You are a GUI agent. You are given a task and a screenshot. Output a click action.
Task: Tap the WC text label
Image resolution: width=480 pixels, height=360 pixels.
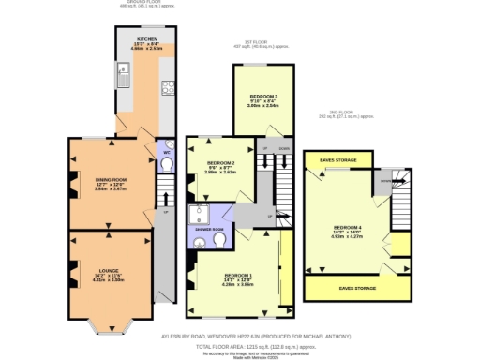tap(166, 152)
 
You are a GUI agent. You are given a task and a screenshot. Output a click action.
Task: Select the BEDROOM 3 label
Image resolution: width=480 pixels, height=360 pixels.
tap(262, 97)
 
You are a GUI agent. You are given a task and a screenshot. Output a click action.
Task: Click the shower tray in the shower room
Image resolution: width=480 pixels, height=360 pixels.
tap(199, 214)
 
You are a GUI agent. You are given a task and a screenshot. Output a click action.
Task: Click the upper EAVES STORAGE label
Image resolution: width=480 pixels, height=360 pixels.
tap(337, 160)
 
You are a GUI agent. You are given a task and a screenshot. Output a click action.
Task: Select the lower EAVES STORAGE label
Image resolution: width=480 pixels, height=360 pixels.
tap(357, 288)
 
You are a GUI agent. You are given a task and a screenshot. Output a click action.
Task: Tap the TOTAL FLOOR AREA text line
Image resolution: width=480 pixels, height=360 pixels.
tap(253, 346)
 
